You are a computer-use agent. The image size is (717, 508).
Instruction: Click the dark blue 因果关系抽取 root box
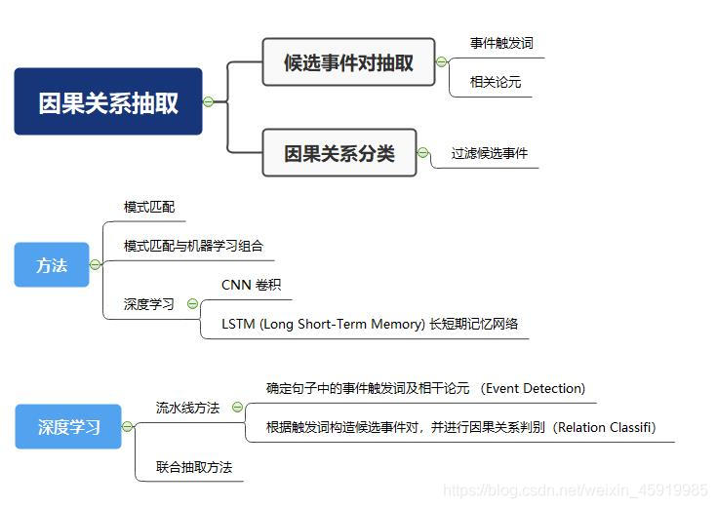pyautogui.click(x=107, y=101)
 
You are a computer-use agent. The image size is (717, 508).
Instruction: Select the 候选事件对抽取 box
pyautogui.click(x=348, y=62)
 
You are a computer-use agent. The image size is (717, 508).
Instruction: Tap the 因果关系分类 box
pyautogui.click(x=339, y=153)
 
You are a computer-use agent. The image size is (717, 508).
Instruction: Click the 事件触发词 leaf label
pyautogui.click(x=501, y=44)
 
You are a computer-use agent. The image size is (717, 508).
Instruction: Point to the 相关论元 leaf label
pyautogui.click(x=496, y=82)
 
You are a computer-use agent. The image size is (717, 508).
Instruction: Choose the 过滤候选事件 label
pyautogui.click(x=490, y=153)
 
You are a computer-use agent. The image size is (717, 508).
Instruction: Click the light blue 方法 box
pyautogui.click(x=52, y=264)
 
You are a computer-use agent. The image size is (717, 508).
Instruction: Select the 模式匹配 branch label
pyautogui.click(x=149, y=207)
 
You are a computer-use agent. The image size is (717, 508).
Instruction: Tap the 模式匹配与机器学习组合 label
pyautogui.click(x=193, y=246)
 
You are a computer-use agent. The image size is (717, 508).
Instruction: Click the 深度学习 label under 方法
pyautogui.click(x=149, y=304)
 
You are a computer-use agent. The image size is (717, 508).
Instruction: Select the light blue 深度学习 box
pyautogui.click(x=68, y=426)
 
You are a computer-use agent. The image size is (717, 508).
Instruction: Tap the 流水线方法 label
pyautogui.click(x=187, y=408)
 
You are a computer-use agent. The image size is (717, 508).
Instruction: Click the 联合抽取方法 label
pyautogui.click(x=194, y=467)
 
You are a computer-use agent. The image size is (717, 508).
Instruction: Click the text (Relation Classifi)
pyautogui.click(x=604, y=427)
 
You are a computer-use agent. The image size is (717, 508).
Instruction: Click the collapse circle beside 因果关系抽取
pyautogui.click(x=208, y=101)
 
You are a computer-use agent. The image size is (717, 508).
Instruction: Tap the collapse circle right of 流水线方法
pyautogui.click(x=237, y=408)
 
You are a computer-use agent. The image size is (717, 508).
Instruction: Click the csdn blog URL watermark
pyautogui.click(x=576, y=490)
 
